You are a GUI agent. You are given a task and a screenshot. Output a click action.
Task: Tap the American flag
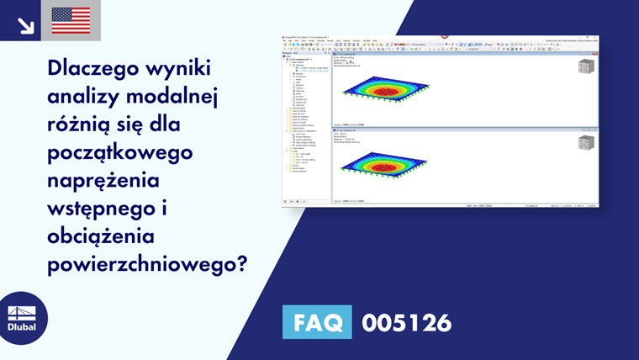pyautogui.click(x=71, y=20)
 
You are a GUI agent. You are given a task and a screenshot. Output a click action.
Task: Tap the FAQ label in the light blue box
pyautogui.click(x=316, y=321)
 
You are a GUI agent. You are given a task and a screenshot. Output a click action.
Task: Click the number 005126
pyautogui.click(x=406, y=321)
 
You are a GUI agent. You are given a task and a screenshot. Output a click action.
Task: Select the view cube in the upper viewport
pyautogui.click(x=585, y=68)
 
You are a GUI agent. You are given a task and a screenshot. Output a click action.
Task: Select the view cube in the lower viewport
pyautogui.click(x=585, y=140)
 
